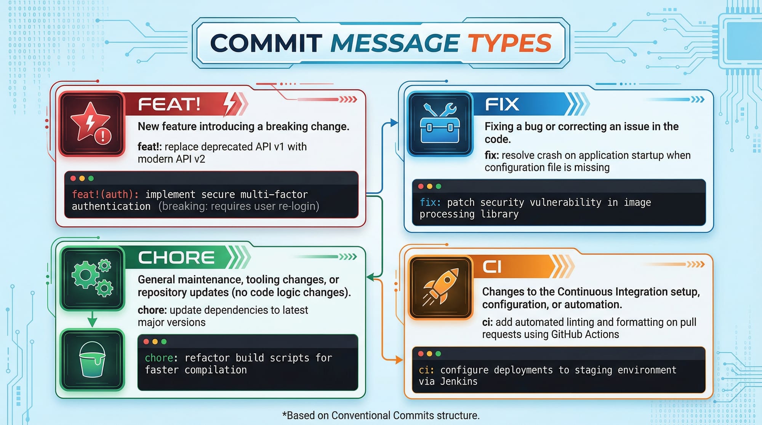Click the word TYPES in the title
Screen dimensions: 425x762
(509, 43)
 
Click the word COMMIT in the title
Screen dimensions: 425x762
(266, 43)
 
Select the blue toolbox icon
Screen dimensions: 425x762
(440, 124)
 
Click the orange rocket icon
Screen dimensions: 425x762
(440, 288)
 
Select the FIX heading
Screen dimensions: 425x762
(502, 104)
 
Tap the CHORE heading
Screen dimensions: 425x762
(176, 258)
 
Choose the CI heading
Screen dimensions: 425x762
(492, 267)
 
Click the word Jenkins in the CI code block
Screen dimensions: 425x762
(459, 382)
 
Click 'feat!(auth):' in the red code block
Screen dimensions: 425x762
(105, 195)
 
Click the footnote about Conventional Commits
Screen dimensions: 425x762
(381, 415)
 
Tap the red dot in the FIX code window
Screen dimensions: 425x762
(421, 186)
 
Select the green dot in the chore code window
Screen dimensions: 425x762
(164, 342)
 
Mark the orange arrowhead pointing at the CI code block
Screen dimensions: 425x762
(399, 359)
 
